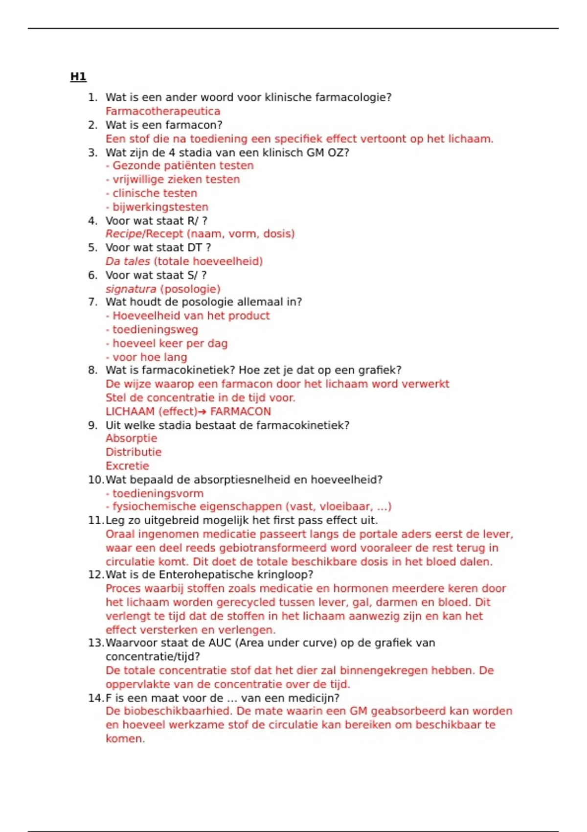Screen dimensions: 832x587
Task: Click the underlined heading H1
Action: click(x=78, y=77)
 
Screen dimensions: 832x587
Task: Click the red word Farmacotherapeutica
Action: click(x=163, y=111)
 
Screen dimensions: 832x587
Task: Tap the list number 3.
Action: click(x=92, y=153)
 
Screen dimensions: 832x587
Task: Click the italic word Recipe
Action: click(x=123, y=234)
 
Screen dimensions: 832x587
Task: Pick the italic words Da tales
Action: click(x=128, y=261)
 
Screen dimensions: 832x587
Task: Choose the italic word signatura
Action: click(x=131, y=289)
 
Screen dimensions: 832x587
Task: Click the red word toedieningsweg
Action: click(x=155, y=330)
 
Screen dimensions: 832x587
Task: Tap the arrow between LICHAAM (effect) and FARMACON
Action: click(x=203, y=412)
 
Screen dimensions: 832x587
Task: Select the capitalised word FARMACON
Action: click(x=240, y=412)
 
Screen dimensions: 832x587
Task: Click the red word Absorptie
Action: click(x=131, y=439)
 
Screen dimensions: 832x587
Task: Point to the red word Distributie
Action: click(x=133, y=452)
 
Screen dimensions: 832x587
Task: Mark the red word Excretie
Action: click(x=127, y=466)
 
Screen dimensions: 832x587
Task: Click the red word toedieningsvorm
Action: click(x=158, y=494)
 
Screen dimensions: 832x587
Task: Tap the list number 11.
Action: click(x=95, y=521)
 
